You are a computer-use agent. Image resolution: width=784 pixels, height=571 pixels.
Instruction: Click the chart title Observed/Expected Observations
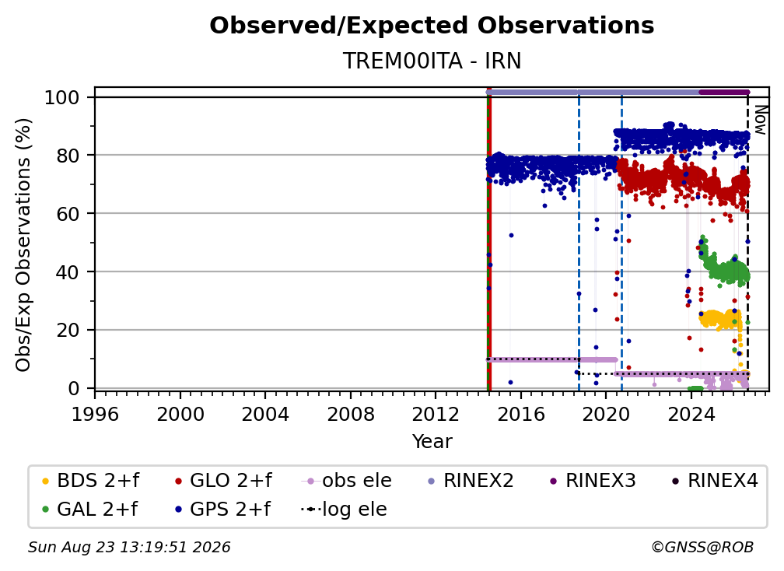pos(432,26)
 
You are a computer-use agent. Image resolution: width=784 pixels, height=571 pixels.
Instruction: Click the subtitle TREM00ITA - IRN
pos(432,61)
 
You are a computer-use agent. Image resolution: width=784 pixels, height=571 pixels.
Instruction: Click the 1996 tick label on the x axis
pos(95,414)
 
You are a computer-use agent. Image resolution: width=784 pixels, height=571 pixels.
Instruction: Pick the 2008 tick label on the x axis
pos(351,414)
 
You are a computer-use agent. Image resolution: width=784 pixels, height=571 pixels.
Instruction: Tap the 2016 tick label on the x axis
pos(521,414)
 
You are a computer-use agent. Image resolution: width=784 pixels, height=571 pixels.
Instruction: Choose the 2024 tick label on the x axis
pos(691,414)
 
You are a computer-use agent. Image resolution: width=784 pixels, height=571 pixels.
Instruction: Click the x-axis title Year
pos(432,441)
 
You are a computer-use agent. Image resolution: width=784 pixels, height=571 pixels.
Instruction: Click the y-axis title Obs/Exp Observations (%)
pos(23,244)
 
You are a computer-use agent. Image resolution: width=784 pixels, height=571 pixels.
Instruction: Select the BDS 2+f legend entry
pos(90,481)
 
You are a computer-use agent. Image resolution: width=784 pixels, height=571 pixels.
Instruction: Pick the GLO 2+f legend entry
pos(223,481)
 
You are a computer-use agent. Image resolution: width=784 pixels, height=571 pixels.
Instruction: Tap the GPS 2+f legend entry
pos(222,510)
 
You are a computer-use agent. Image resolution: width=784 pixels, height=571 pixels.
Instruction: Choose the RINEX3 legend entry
pos(592,481)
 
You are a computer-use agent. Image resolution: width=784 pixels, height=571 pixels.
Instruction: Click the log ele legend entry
pos(344,510)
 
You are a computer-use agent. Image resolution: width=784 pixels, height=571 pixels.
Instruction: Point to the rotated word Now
pos(760,120)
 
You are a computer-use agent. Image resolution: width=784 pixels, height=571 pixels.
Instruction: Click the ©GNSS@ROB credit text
pos(702,547)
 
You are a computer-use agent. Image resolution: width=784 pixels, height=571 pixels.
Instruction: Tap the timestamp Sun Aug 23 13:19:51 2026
pos(129,547)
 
